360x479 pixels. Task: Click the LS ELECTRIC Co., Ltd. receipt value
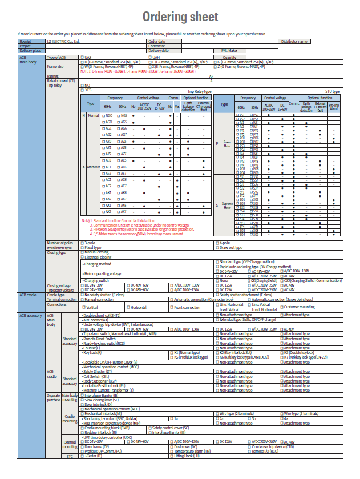[x=63, y=42]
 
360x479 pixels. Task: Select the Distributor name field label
[x=294, y=42]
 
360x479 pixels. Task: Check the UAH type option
[x=148, y=58]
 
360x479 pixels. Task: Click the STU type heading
[x=333, y=92]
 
